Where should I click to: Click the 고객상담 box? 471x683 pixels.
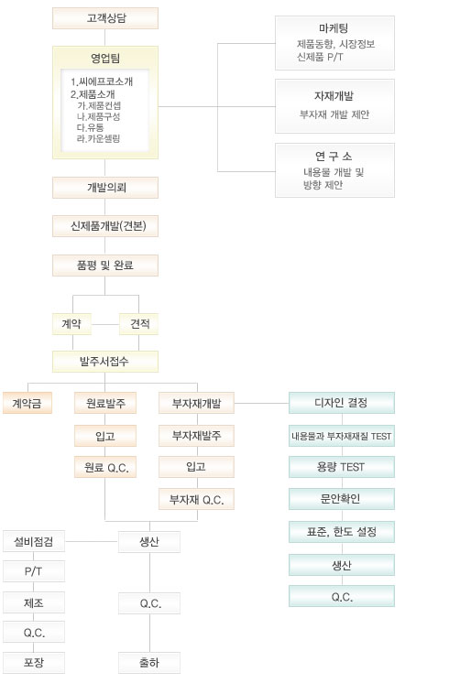105,18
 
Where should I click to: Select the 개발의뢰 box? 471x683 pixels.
105,188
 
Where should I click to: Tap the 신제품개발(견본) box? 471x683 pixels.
105,226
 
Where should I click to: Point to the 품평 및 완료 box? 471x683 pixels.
105,266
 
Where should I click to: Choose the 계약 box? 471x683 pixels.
72,324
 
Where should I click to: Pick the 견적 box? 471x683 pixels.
138,324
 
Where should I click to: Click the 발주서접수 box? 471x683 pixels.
105,362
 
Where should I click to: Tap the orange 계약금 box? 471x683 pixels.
27,403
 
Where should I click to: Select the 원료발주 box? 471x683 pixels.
105,403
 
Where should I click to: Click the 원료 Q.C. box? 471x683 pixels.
105,467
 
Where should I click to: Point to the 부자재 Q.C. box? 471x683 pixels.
196,499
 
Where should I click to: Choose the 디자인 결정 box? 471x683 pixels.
342,403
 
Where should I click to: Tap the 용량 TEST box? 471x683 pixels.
342,467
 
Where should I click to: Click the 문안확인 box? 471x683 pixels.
342,499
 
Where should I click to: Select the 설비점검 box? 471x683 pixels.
34,541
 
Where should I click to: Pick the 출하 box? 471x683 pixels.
149,663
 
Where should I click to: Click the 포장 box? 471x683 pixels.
34,663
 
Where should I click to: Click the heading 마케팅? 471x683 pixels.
334,28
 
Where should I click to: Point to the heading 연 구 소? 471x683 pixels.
334,156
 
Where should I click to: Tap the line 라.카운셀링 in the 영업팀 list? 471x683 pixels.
98,138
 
